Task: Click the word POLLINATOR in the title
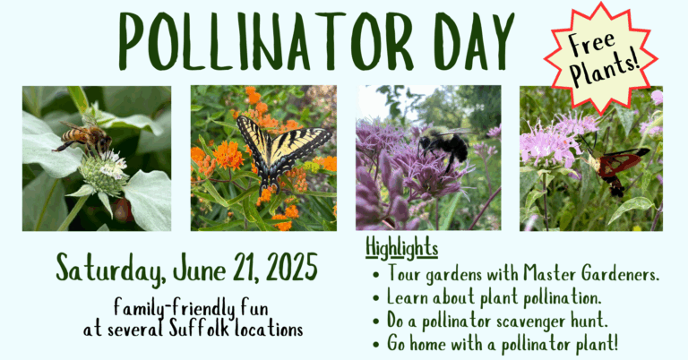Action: click(x=266, y=41)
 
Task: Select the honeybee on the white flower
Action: click(x=85, y=137)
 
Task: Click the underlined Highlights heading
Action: click(x=402, y=248)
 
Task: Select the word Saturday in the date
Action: click(x=111, y=269)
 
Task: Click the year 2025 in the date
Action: click(x=292, y=268)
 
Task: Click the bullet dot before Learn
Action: click(x=375, y=298)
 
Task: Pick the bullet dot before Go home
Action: click(x=375, y=344)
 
